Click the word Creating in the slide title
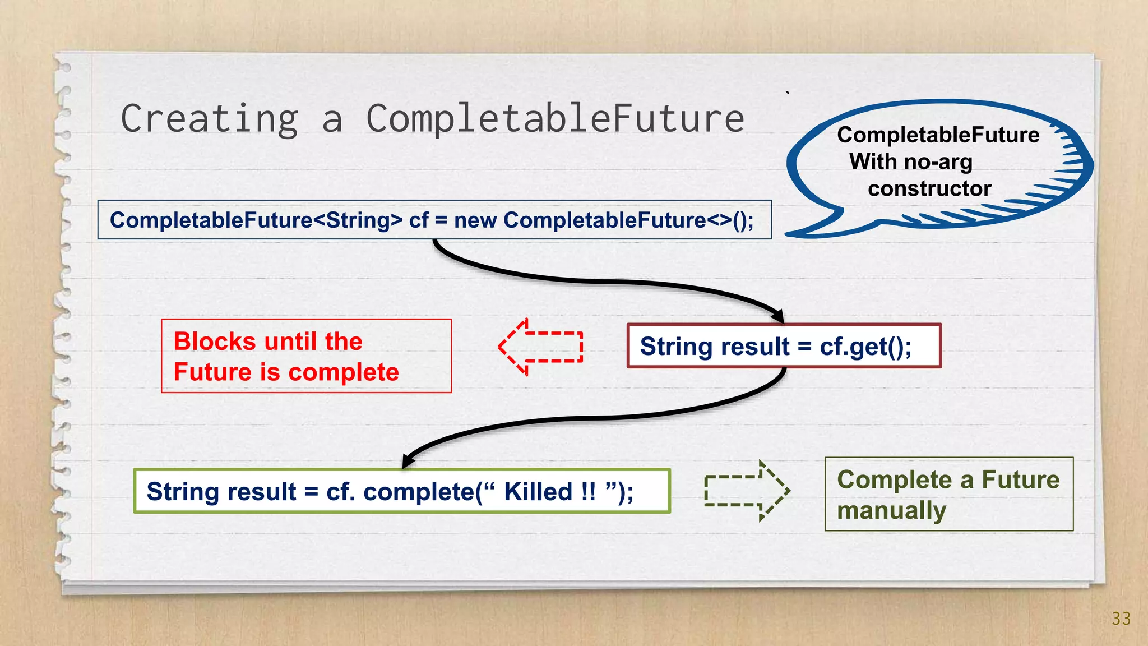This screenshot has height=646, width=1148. [x=210, y=119]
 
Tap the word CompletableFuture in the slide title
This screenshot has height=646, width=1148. [x=555, y=118]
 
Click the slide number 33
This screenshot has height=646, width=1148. [x=1121, y=619]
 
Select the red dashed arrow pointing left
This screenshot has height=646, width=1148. [x=540, y=347]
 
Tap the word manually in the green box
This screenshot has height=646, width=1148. [x=891, y=511]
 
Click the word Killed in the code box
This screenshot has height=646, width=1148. [x=538, y=492]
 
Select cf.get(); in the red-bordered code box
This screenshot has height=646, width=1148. [x=865, y=347]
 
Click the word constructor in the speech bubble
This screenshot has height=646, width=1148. [x=929, y=188]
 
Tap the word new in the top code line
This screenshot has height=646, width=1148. [x=475, y=220]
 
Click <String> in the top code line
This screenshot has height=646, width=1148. [x=358, y=220]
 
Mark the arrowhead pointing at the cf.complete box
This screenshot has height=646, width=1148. [x=409, y=460]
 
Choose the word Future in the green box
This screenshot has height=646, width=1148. [x=1020, y=480]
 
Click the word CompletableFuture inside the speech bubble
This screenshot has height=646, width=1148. [x=938, y=135]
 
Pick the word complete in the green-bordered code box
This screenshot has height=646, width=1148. [x=418, y=492]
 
